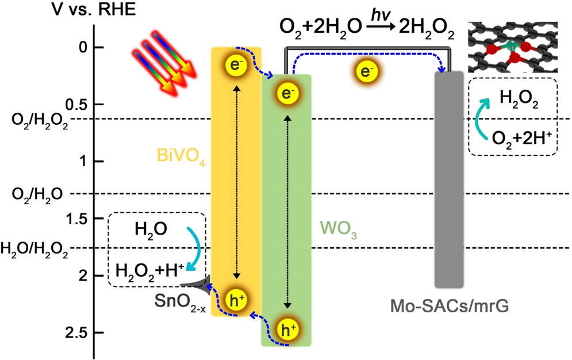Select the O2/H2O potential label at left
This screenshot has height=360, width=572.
click(33, 194)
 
